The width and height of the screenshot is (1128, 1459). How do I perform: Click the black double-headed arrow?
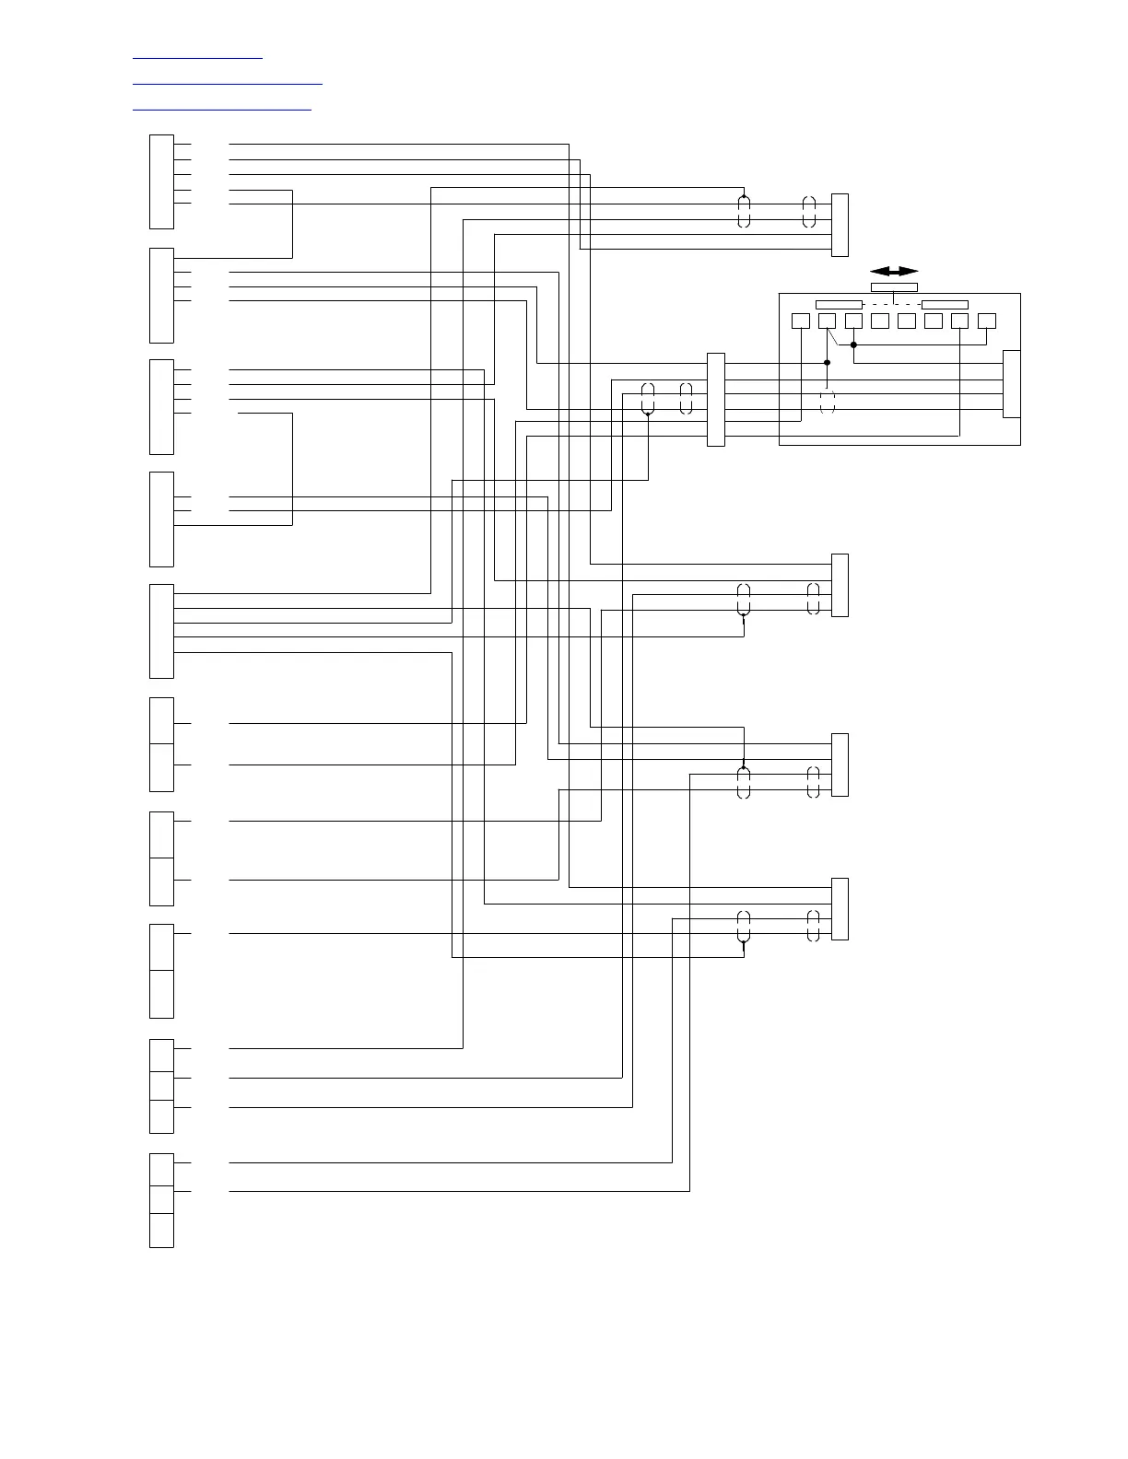click(x=894, y=271)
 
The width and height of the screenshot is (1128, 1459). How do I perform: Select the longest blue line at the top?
click(x=228, y=84)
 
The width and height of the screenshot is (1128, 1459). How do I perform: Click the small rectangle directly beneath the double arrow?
click(x=894, y=287)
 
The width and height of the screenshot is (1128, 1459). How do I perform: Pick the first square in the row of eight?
click(x=801, y=321)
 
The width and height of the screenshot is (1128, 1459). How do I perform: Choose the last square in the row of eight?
click(x=987, y=321)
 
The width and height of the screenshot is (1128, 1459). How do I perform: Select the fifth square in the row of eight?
click(x=907, y=321)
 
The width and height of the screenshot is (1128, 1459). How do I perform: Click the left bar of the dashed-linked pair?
click(x=839, y=305)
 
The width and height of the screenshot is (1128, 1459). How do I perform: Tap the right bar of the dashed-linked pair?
click(x=945, y=305)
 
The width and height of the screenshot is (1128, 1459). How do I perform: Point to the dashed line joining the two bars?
click(x=892, y=305)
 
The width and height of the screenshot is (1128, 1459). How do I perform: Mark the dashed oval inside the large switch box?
click(x=827, y=403)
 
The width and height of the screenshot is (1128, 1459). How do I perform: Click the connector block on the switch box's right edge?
click(x=1011, y=384)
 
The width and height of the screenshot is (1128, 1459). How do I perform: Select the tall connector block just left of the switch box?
click(x=715, y=400)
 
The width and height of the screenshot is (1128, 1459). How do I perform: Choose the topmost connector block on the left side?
click(x=161, y=181)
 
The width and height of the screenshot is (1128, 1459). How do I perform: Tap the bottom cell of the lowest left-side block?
click(x=161, y=1231)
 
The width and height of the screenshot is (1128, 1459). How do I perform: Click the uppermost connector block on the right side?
click(x=840, y=225)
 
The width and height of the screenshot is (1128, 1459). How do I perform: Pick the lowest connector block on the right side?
click(x=840, y=909)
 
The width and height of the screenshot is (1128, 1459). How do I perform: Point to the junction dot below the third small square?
click(x=853, y=345)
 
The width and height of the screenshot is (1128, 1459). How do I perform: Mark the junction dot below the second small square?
click(x=827, y=363)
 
